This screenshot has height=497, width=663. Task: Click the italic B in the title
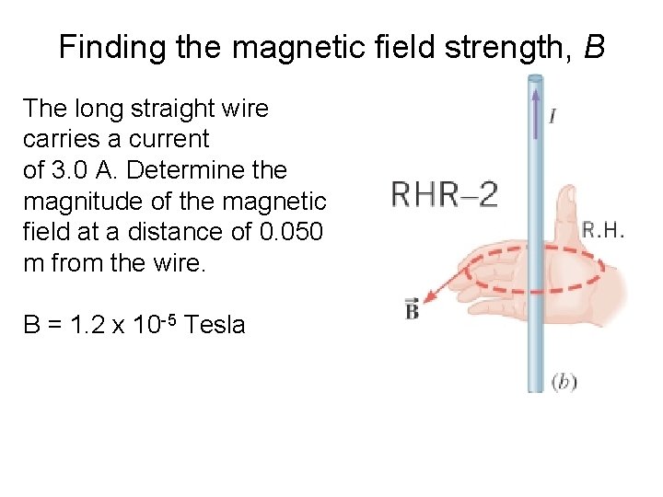[594, 47]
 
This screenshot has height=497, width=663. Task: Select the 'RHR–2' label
[445, 194]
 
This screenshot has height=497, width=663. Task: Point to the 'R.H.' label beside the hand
[603, 230]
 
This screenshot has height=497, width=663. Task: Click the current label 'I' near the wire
[552, 116]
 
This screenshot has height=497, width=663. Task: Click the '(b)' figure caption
[564, 380]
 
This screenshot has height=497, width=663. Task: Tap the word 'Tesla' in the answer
[215, 324]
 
